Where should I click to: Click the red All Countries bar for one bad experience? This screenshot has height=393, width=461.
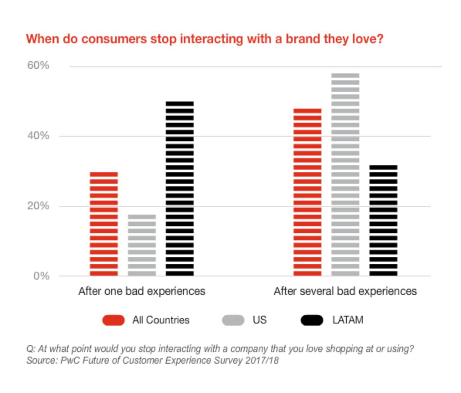[x=103, y=224]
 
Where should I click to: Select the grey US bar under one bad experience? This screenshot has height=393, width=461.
[x=142, y=245]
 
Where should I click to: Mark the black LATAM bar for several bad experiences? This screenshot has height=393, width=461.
[x=383, y=220]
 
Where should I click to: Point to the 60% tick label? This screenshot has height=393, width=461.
[x=38, y=65]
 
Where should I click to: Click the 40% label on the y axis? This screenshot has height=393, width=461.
[x=38, y=136]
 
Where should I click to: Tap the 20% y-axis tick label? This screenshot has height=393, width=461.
[x=38, y=206]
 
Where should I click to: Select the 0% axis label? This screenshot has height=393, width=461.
[x=41, y=276]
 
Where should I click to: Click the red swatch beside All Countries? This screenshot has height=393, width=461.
[x=113, y=320]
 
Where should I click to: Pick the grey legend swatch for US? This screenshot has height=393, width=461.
[x=233, y=320]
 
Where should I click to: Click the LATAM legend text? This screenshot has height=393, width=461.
[x=347, y=320]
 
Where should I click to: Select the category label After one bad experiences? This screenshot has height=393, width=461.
[x=142, y=291]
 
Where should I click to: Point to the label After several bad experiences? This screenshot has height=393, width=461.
[x=345, y=291]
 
